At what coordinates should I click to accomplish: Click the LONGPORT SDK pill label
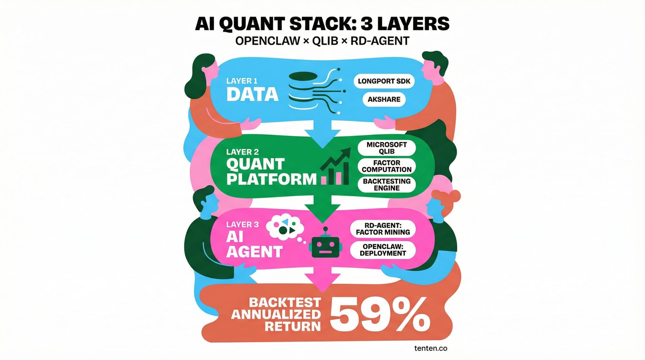pyautogui.click(x=384, y=81)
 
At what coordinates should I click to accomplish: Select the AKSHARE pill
pyautogui.click(x=384, y=99)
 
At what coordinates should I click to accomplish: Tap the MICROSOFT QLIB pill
pyautogui.click(x=386, y=148)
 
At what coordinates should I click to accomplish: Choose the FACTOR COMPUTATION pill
pyautogui.click(x=386, y=166)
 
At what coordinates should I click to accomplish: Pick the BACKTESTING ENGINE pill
pyautogui.click(x=386, y=185)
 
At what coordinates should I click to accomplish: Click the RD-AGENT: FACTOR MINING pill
pyautogui.click(x=383, y=229)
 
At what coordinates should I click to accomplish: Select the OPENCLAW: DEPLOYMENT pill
pyautogui.click(x=383, y=250)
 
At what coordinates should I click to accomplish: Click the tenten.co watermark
pyautogui.click(x=431, y=348)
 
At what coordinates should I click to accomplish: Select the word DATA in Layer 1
pyautogui.click(x=252, y=95)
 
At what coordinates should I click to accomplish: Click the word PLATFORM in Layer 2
pyautogui.click(x=271, y=179)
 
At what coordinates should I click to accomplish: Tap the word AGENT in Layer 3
pyautogui.click(x=254, y=252)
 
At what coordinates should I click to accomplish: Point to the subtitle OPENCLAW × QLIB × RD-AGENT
pyautogui.click(x=322, y=41)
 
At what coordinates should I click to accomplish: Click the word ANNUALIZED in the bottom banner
pyautogui.click(x=276, y=314)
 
